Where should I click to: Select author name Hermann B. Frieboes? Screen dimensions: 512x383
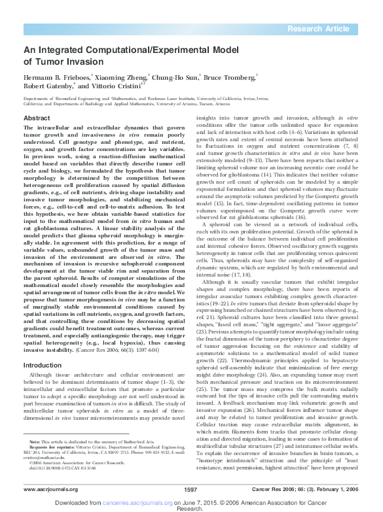[x=57, y=77]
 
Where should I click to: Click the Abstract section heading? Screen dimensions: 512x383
[x=37, y=118]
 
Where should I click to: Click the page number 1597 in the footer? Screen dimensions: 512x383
[x=191, y=489]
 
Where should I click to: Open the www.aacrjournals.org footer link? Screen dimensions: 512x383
[x=47, y=489]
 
